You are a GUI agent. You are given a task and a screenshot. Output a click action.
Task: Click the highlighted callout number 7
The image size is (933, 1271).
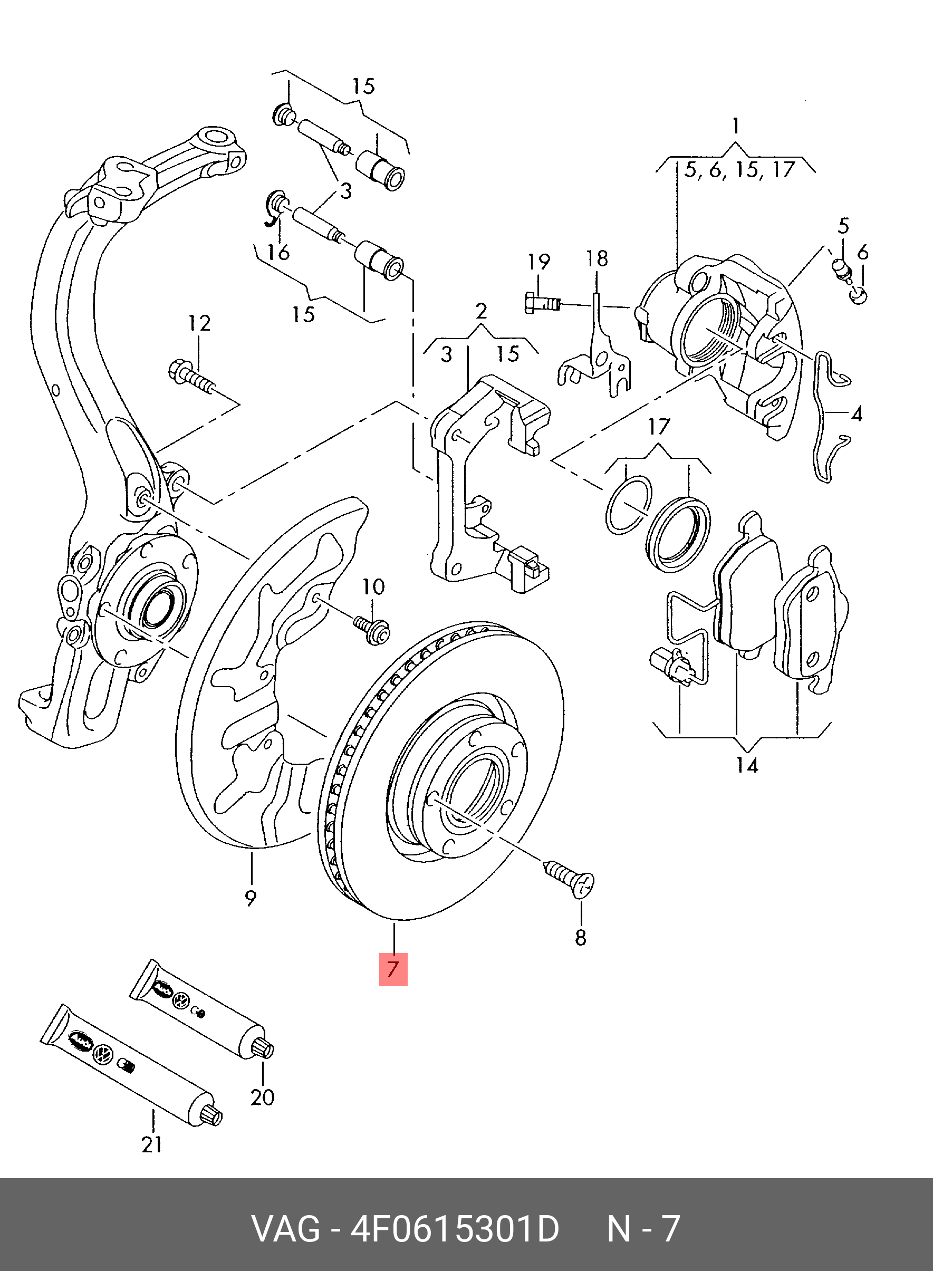click(393, 969)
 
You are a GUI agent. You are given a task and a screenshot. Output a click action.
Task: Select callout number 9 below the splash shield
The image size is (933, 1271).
click(251, 913)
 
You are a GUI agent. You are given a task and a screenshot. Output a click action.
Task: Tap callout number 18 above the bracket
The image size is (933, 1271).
click(597, 258)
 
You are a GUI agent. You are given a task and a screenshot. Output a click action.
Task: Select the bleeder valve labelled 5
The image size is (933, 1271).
click(841, 267)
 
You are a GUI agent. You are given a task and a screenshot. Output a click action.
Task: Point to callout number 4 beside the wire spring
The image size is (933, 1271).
click(856, 415)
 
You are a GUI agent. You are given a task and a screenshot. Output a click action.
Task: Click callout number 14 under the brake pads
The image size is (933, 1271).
click(746, 766)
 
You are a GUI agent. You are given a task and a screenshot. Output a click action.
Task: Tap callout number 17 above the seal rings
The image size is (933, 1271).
click(659, 426)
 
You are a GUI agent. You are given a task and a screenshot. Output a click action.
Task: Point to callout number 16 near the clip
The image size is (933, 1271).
click(278, 252)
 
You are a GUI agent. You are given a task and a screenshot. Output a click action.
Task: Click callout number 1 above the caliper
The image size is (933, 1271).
click(736, 127)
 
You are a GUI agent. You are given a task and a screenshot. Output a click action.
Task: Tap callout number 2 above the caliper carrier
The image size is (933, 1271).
click(480, 312)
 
